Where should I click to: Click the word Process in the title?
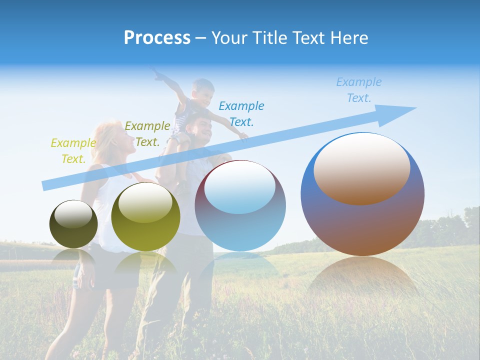click(x=157, y=38)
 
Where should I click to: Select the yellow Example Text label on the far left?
click(x=73, y=151)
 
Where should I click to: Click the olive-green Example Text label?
click(x=147, y=134)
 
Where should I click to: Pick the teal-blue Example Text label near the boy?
click(x=241, y=114)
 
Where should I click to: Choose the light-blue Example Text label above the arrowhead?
click(x=358, y=90)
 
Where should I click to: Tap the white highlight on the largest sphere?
click(x=362, y=167)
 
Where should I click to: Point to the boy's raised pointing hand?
click(x=156, y=75)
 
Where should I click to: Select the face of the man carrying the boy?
click(x=202, y=130)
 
